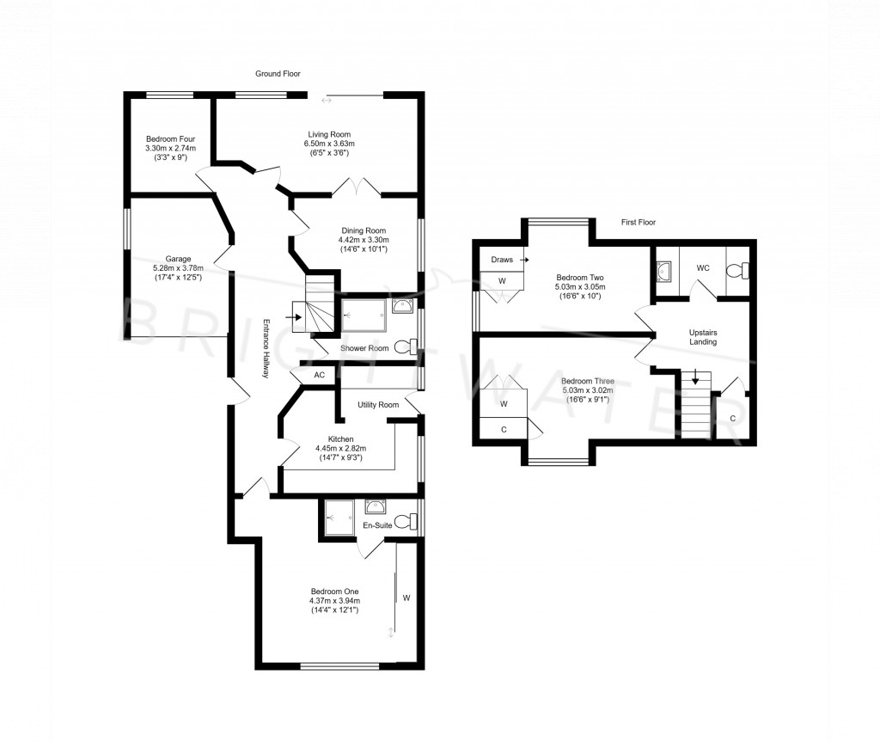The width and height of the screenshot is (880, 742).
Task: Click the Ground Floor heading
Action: coord(278,75)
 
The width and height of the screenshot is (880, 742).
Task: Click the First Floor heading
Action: coord(639,223)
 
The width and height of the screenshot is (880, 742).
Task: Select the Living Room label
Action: coord(331,134)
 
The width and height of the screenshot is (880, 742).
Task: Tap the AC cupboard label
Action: coord(319,376)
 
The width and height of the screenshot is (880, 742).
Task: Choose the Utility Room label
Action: coord(378,404)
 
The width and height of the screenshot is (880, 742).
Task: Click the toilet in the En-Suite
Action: coord(412,520)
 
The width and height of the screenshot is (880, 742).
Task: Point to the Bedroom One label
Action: coord(335,591)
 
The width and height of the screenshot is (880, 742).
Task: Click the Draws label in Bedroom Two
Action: coord(502,259)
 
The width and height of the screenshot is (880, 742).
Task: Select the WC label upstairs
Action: coord(703,268)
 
